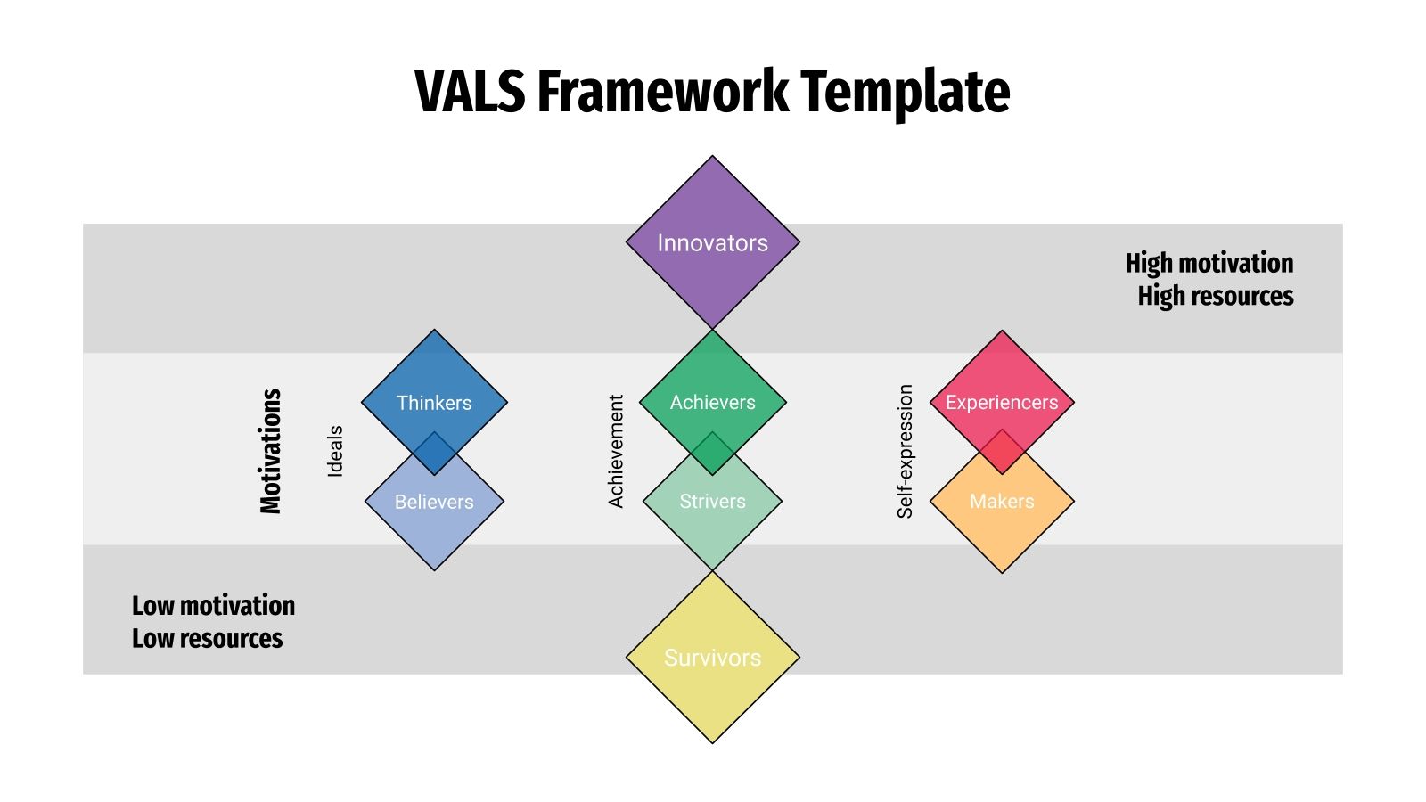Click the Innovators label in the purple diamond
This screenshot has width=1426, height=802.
coord(712,243)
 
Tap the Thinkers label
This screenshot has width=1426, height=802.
coord(434,403)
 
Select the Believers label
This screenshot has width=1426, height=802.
coord(434,502)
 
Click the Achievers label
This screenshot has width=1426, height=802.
coord(712,403)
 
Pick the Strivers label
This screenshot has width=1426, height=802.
coord(712,502)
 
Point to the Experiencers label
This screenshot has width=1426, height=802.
coord(1002,403)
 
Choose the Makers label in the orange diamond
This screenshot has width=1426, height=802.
coord(1002,502)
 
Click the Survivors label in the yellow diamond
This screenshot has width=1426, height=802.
coord(712,658)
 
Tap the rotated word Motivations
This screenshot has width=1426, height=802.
coord(270,451)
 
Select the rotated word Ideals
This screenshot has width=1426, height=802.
coord(335,451)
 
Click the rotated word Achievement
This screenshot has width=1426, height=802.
coord(615,451)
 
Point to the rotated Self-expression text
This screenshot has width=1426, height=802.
coord(905,451)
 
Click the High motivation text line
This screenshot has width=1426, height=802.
coord(1209,263)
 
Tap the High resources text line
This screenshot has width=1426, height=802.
coord(1215,296)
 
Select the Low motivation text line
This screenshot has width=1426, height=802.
coord(213,606)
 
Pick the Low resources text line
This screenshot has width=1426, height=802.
coord(207,639)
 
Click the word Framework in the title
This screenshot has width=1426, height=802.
coord(663,91)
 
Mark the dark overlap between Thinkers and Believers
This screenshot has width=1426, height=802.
coord(434,454)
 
